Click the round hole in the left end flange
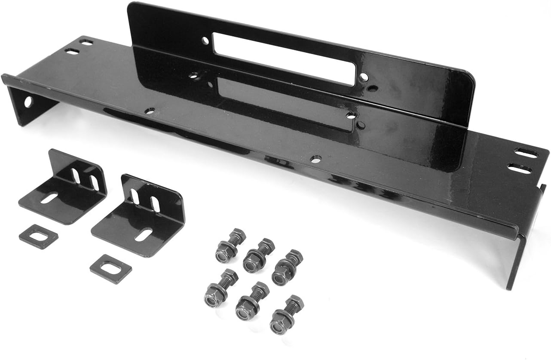(x=28, y=102)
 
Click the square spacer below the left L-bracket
(x=39, y=236)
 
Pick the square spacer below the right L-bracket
(x=111, y=268)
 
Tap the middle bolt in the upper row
(x=258, y=255)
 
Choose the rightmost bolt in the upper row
(x=287, y=267)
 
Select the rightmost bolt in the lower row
(x=285, y=314)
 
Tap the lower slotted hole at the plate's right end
(x=521, y=168)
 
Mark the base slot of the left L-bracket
(x=49, y=198)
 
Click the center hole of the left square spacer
(x=39, y=236)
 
